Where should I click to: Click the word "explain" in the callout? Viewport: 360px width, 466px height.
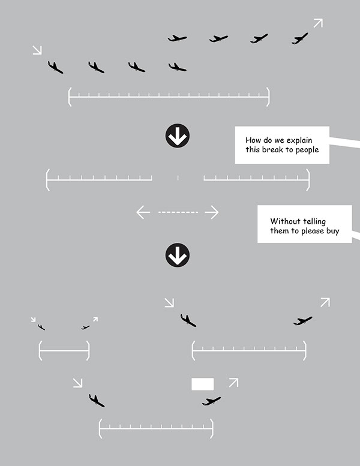coord(299,140)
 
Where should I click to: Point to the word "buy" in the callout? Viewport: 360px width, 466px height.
coord(333,232)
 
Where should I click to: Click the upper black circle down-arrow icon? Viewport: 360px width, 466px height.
coord(178,136)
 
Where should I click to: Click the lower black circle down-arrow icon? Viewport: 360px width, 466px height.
coord(178,255)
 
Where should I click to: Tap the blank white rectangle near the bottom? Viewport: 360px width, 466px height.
coord(202,384)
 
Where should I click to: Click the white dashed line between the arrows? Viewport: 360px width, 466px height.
coord(178,212)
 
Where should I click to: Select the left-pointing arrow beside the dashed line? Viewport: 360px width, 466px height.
coord(143,212)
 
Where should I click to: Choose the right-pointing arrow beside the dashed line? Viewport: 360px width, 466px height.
coord(212,212)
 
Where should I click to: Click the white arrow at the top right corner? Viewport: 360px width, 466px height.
coord(318,23)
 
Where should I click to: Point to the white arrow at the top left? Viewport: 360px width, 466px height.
coord(37,50)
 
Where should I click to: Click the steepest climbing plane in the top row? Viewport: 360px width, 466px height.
coord(299,38)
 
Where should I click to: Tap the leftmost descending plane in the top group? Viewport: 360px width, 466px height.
coord(55,67)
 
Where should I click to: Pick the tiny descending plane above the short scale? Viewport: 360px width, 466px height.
coord(41,327)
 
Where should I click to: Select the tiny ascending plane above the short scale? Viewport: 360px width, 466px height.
coord(86,327)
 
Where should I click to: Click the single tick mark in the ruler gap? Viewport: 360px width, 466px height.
coord(178,178)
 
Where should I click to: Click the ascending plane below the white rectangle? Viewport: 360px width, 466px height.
coord(211,401)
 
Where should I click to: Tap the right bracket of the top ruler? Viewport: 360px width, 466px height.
coord(268,97)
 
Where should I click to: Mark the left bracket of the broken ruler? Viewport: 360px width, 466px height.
coord(47,180)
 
